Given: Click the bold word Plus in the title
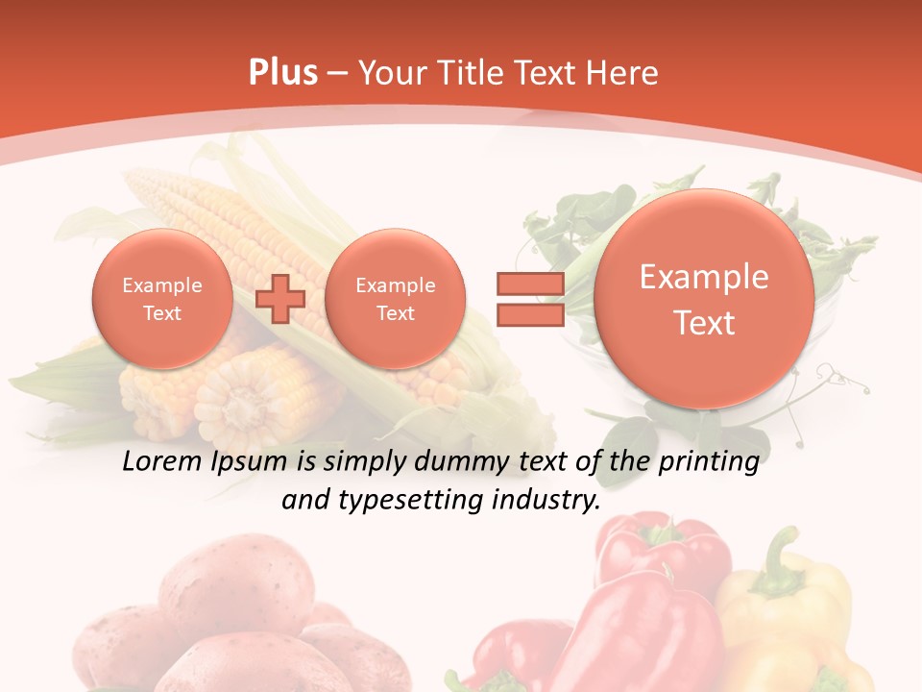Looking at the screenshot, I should click(282, 73).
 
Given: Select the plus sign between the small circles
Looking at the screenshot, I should click(279, 298).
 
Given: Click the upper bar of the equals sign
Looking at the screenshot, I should click(529, 284).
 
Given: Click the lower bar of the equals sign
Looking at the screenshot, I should click(529, 314).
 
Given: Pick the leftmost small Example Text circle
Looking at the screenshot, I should click(162, 298).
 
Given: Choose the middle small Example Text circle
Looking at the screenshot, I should click(395, 298).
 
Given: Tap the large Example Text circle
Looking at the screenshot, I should click(704, 298).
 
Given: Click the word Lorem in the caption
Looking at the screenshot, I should click(161, 462).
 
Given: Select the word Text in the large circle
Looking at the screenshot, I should click(704, 323).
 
